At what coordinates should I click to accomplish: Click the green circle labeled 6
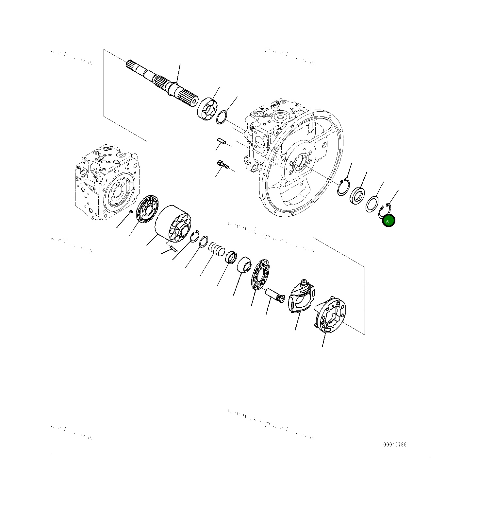click(388, 221)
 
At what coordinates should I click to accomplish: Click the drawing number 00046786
click(395, 444)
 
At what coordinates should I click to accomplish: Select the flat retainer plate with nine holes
click(260, 274)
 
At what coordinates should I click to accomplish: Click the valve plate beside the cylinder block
click(147, 209)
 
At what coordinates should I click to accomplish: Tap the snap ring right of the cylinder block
click(195, 236)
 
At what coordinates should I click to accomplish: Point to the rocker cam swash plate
click(301, 297)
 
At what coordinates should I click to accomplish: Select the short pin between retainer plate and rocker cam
click(275, 295)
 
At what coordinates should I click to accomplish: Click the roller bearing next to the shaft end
click(207, 109)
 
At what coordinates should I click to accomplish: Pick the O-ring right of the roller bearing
click(222, 117)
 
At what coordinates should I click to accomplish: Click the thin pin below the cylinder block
click(172, 249)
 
